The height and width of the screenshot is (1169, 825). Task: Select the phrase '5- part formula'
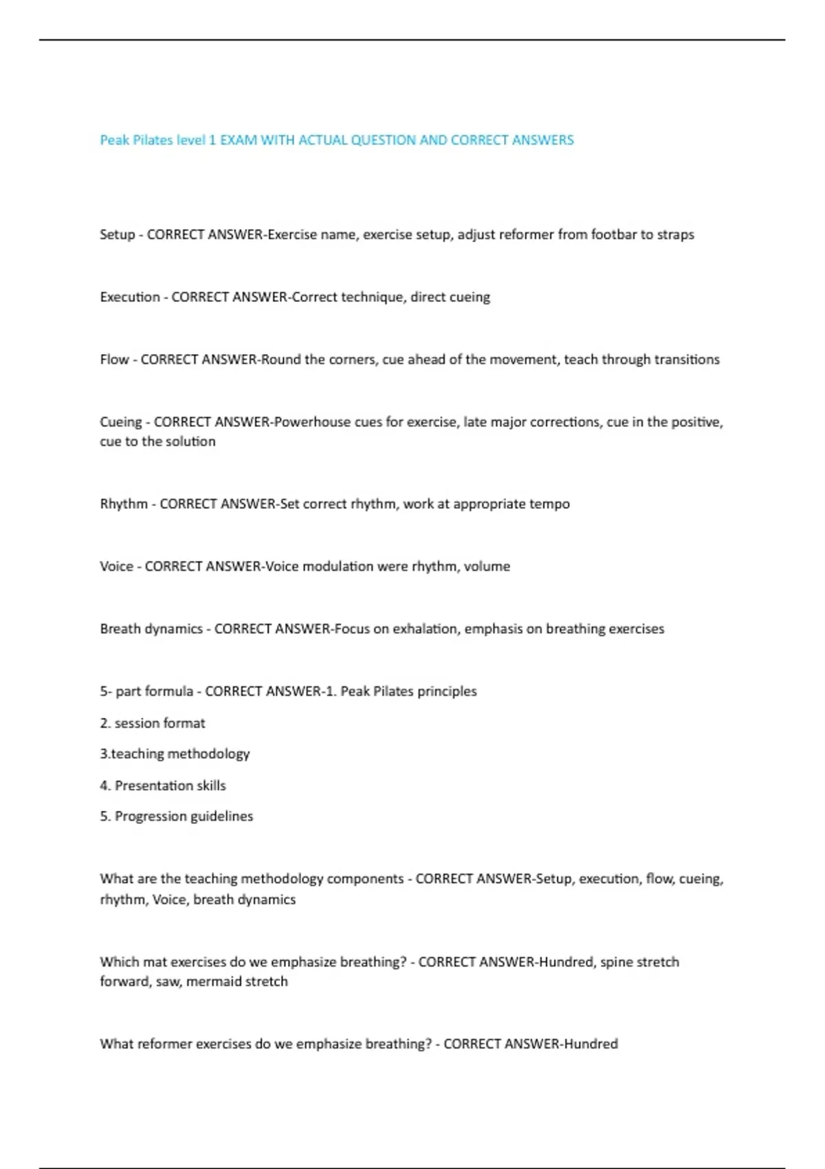click(x=146, y=691)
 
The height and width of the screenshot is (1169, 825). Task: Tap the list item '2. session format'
click(x=153, y=723)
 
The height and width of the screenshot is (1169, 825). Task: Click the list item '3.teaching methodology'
click(x=175, y=754)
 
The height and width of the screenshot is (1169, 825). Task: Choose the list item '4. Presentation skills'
click(x=163, y=786)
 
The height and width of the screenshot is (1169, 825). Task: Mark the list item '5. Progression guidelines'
click(x=177, y=817)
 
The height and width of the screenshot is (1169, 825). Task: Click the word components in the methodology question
click(x=365, y=879)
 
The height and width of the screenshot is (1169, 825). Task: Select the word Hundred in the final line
click(x=591, y=1045)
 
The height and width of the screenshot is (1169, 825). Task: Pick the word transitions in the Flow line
click(x=687, y=360)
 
